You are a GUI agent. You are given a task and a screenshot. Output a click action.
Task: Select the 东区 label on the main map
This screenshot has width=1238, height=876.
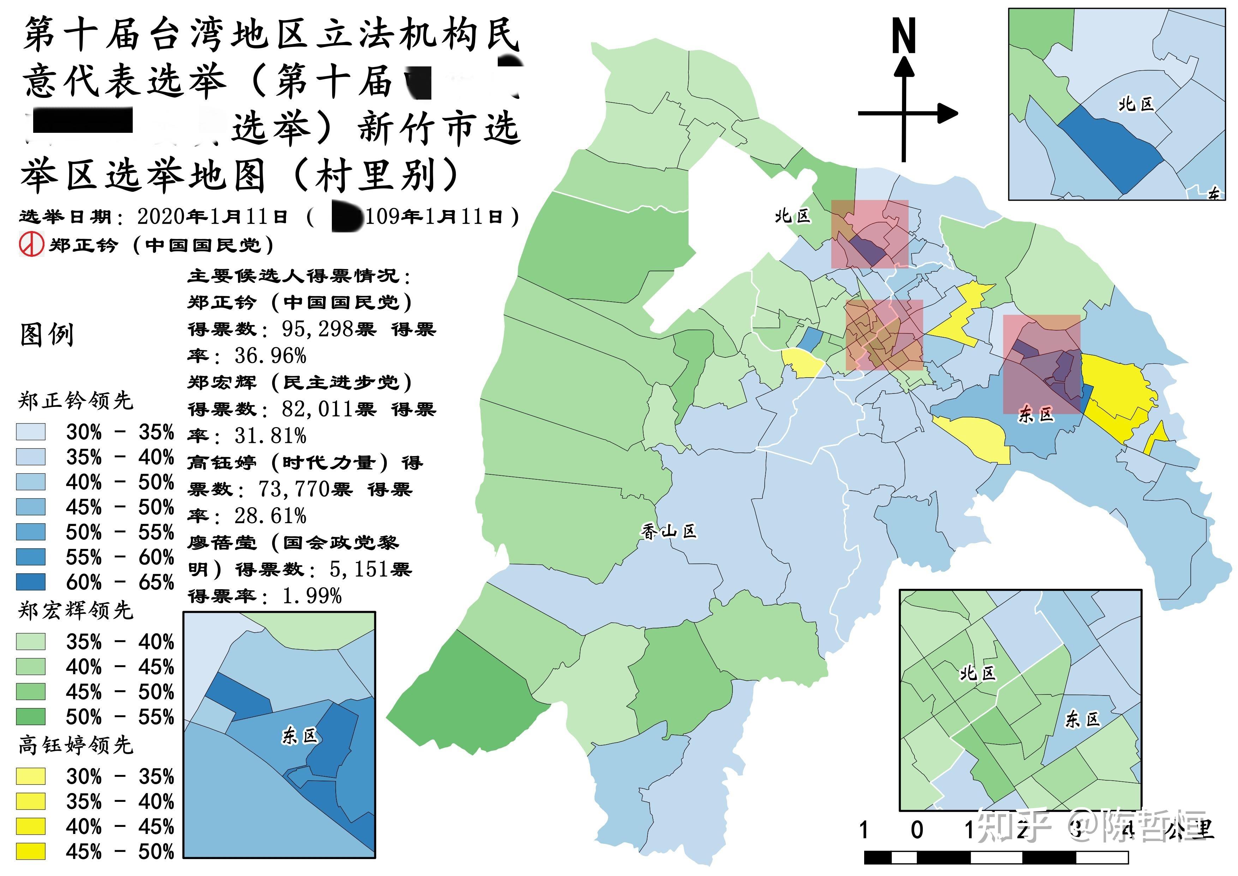[x=1036, y=414]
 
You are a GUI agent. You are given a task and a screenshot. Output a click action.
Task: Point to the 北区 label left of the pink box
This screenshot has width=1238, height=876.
[x=793, y=216]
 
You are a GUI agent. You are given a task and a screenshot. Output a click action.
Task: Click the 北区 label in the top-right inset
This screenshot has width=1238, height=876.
[x=1136, y=103]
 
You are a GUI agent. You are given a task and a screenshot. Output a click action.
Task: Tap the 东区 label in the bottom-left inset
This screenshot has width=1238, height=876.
[x=300, y=736]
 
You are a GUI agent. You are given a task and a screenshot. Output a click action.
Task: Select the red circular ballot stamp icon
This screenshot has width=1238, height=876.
[x=31, y=245]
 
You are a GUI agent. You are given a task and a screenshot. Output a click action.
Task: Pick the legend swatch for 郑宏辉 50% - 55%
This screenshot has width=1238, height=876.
[x=31, y=717]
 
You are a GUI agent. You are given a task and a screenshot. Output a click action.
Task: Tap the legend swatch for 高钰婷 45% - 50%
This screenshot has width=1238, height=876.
[x=31, y=852]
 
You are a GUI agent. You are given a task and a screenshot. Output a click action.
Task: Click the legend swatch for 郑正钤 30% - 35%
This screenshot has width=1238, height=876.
[x=31, y=432]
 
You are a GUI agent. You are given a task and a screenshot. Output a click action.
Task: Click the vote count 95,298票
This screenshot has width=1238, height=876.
[x=328, y=328]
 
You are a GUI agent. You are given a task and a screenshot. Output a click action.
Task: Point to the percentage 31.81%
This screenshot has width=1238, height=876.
[x=270, y=435]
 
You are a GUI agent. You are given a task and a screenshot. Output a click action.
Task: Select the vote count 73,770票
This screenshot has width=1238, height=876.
[x=305, y=489]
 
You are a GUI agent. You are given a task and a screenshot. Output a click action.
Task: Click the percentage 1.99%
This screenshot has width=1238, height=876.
[x=312, y=596]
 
